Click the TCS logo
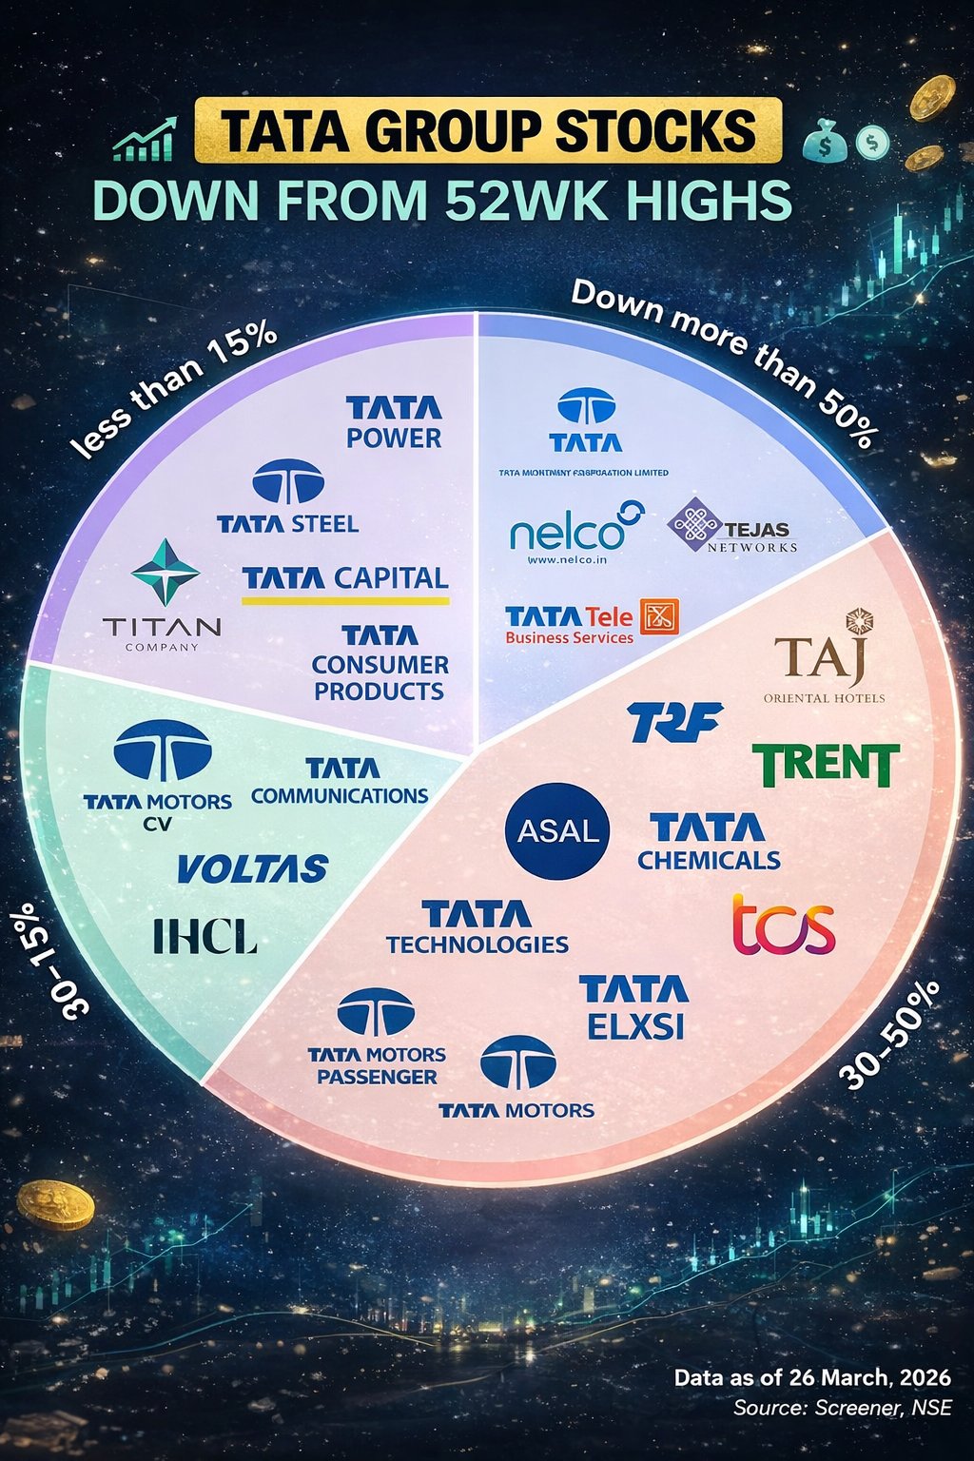click(x=784, y=925)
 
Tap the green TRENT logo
click(x=826, y=765)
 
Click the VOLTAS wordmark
click(x=252, y=868)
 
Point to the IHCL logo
click(x=205, y=937)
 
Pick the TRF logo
click(x=675, y=722)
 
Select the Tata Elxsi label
click(x=634, y=1007)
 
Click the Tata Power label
click(x=394, y=423)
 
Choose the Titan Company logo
click(x=163, y=595)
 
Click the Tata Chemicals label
click(x=709, y=843)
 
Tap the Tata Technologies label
click(x=477, y=928)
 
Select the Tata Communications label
click(x=341, y=781)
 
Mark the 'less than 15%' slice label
click(x=174, y=388)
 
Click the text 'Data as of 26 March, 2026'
click(x=812, y=1377)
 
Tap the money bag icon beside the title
click(x=824, y=144)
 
